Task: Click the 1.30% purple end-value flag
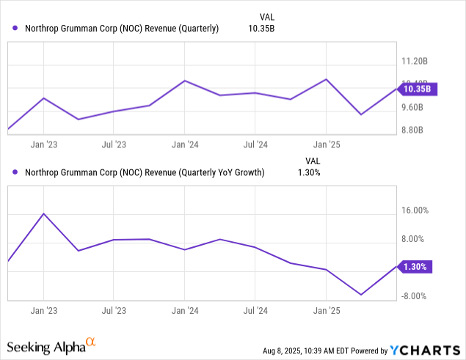[x=415, y=267]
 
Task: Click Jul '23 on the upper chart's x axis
[x=113, y=144]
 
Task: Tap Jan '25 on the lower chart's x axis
[x=326, y=309]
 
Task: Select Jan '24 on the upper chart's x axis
[x=183, y=144]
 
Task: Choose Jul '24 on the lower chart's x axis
[x=254, y=309]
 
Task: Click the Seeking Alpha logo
[x=51, y=345]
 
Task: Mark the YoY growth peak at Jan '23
[x=44, y=213]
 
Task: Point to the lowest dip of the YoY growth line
[x=361, y=295]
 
